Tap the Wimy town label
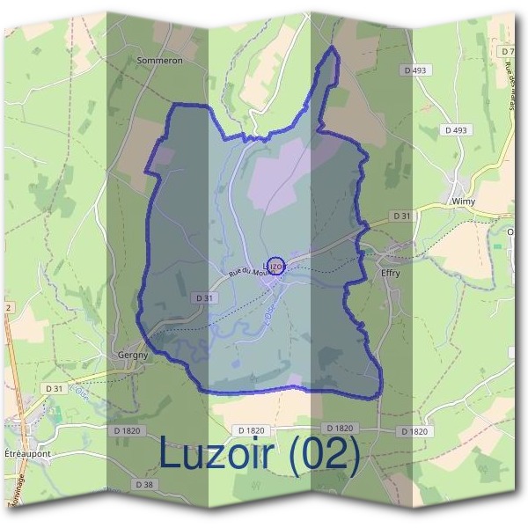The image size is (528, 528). (x=463, y=201)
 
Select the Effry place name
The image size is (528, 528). (x=390, y=274)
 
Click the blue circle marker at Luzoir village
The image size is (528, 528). (x=275, y=265)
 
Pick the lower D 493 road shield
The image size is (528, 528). (x=455, y=130)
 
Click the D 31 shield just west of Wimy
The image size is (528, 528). (x=401, y=216)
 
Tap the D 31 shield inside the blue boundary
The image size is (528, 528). (x=204, y=298)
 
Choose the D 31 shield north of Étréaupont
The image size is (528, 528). (x=54, y=388)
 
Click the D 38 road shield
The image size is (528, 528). (x=144, y=484)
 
